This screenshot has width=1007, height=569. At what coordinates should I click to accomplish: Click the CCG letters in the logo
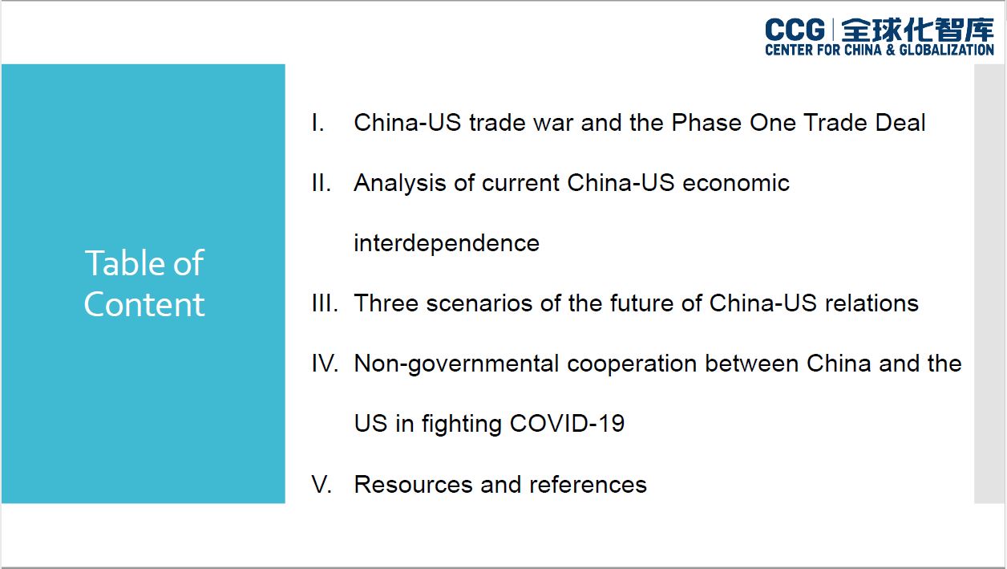click(795, 30)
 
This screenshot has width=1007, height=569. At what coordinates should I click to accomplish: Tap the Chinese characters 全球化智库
click(917, 30)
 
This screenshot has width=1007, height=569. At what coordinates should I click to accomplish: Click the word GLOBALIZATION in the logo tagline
click(946, 50)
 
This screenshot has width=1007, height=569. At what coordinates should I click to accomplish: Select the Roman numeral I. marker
click(317, 123)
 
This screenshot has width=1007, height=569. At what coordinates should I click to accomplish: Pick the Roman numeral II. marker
click(321, 183)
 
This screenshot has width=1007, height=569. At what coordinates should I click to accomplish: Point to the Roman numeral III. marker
click(325, 303)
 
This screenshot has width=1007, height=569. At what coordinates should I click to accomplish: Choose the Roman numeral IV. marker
click(325, 364)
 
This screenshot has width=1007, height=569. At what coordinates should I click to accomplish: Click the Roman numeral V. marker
click(322, 485)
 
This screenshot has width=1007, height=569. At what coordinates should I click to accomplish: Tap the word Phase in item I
click(706, 123)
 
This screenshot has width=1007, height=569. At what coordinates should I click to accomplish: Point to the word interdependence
click(447, 244)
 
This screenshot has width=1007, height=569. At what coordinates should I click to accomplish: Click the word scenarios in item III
click(479, 303)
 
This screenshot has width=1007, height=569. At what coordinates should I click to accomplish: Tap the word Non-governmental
click(456, 364)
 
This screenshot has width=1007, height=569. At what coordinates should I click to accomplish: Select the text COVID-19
click(567, 424)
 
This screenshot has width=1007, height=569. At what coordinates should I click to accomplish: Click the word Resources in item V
click(413, 485)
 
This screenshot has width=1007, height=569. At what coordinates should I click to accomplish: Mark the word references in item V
click(588, 485)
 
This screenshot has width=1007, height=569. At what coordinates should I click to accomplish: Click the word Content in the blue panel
click(144, 304)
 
